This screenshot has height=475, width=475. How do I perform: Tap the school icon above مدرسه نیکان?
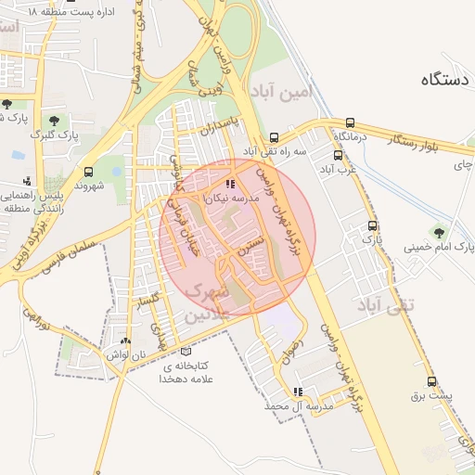pyautogui.click(x=230, y=184)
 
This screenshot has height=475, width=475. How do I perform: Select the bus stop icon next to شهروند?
pyautogui.click(x=89, y=172)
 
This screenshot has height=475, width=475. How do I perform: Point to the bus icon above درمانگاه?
pyautogui.click(x=350, y=122)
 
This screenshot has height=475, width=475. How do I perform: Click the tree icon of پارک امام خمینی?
pyautogui.click(x=437, y=230)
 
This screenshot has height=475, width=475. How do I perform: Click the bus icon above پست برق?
pyautogui.click(x=431, y=381)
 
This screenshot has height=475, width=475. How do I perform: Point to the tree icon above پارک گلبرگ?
pyautogui.click(x=55, y=120)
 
